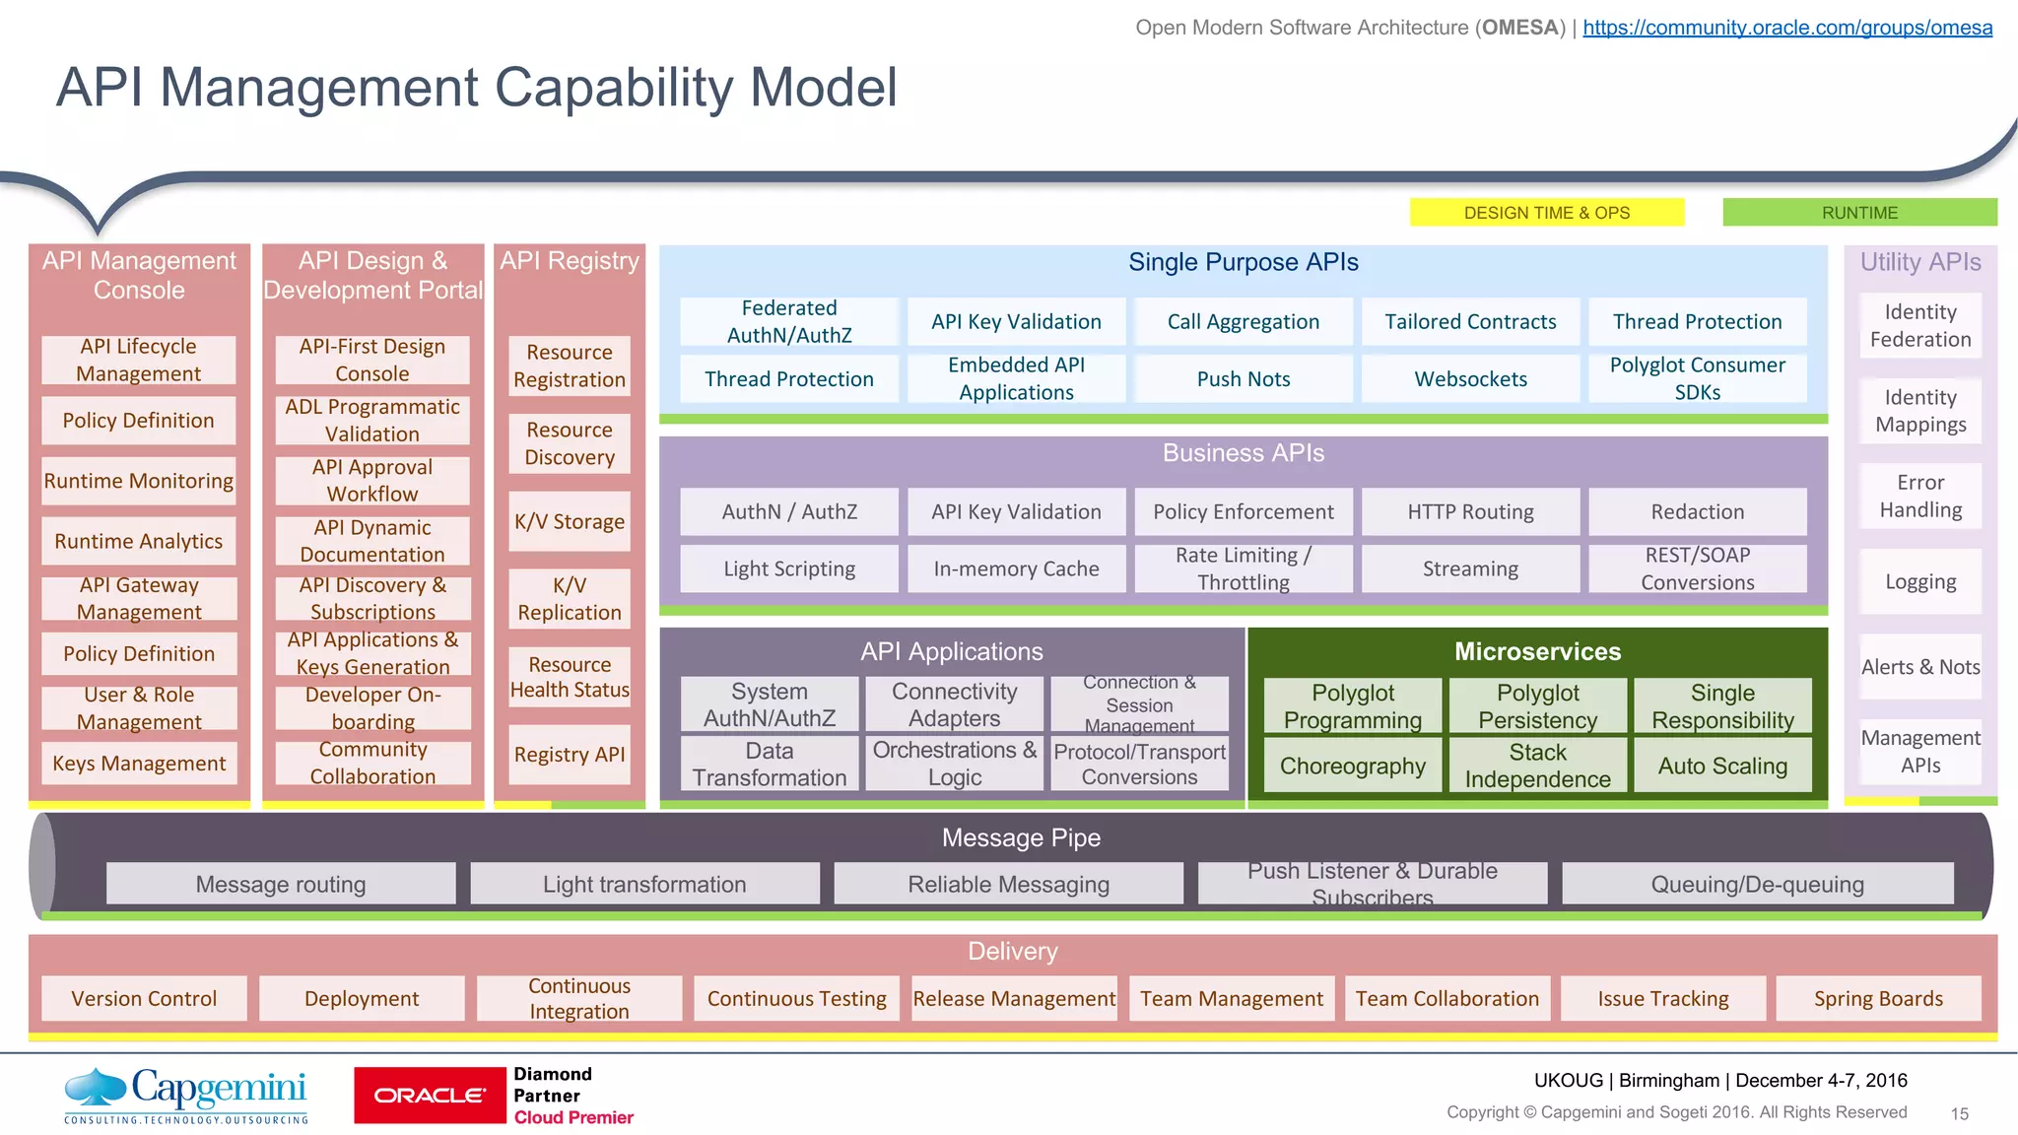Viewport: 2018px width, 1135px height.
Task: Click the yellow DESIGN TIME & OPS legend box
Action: click(1546, 213)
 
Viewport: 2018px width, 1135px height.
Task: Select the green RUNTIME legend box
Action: click(1859, 213)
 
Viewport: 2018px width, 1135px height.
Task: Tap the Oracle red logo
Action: click(430, 1095)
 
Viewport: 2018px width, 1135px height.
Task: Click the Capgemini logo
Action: click(186, 1095)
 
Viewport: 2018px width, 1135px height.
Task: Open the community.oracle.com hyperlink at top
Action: click(1786, 28)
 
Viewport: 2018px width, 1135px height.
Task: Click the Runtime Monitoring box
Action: click(139, 481)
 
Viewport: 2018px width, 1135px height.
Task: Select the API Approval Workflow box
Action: click(372, 481)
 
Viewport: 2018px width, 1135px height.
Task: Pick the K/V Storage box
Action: click(570, 522)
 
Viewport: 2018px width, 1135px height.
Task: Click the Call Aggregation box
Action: click(1243, 322)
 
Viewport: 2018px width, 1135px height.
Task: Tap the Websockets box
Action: click(1470, 379)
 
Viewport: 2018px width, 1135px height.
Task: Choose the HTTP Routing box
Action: click(1470, 512)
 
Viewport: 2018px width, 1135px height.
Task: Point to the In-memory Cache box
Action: click(1016, 569)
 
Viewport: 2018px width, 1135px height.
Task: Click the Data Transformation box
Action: click(769, 765)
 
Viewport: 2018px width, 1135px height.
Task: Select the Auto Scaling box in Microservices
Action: click(1722, 767)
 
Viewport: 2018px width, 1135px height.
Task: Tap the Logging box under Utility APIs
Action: click(1920, 582)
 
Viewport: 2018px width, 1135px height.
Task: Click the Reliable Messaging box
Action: click(1008, 885)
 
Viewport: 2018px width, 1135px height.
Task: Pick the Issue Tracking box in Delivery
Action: click(1662, 999)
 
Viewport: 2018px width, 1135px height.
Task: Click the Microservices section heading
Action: click(1537, 652)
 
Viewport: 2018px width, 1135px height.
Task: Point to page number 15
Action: click(1959, 1114)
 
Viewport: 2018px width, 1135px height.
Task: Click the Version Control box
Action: click(144, 999)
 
